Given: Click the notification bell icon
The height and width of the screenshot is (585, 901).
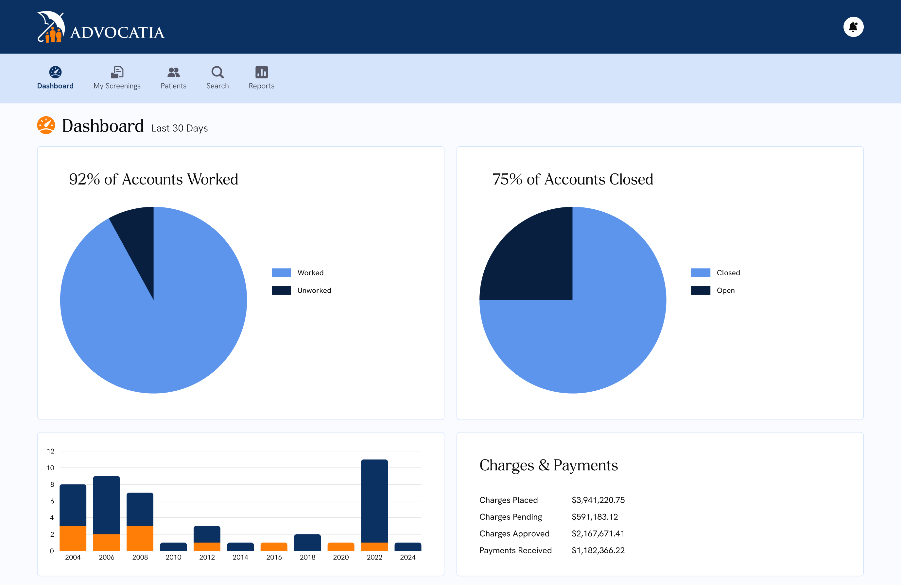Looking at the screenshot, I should pyautogui.click(x=853, y=27).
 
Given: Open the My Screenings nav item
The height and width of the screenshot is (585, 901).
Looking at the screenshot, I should pyautogui.click(x=117, y=77).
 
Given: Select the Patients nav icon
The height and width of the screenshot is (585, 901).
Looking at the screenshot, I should pyautogui.click(x=173, y=72).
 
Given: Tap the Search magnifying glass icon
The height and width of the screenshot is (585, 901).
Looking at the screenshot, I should pyautogui.click(x=217, y=72).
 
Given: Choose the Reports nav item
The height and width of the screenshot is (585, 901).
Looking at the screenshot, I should pyautogui.click(x=261, y=77).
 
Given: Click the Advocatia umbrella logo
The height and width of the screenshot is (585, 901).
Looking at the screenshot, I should pyautogui.click(x=51, y=27).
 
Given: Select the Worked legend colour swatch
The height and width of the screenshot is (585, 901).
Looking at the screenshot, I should pyautogui.click(x=281, y=273).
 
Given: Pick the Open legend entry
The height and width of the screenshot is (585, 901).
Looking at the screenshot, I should pyautogui.click(x=725, y=290).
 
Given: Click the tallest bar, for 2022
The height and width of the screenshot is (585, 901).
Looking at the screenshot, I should pyautogui.click(x=374, y=499).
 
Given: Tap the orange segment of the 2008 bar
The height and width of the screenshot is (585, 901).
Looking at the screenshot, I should pyautogui.click(x=140, y=538).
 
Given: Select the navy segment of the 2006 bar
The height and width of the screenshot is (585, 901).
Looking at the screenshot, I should pyautogui.click(x=106, y=505).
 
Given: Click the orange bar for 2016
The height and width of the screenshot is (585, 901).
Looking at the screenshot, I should pyautogui.click(x=274, y=546).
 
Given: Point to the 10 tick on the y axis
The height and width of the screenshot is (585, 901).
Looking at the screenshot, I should pyautogui.click(x=50, y=468).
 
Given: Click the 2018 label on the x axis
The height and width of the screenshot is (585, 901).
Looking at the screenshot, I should pyautogui.click(x=307, y=557).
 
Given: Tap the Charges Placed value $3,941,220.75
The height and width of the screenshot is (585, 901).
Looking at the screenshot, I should pyautogui.click(x=598, y=500).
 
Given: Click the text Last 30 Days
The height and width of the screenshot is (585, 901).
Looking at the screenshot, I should pyautogui.click(x=180, y=128).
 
